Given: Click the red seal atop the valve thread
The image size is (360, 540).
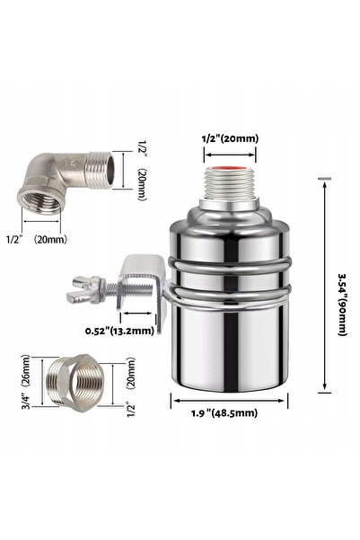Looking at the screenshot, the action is pos(230,169).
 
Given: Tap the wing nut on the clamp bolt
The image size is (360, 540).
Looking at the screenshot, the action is pos(83,289).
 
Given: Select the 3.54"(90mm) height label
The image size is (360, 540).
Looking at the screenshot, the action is pos(342,305).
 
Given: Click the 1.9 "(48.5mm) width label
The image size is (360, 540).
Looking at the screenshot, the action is pos(224,412).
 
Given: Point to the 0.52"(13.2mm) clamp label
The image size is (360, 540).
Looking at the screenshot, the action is pos(119,331).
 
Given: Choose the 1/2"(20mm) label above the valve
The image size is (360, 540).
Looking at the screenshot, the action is pos(230,138).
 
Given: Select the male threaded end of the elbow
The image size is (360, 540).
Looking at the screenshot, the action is pos(101,170).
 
